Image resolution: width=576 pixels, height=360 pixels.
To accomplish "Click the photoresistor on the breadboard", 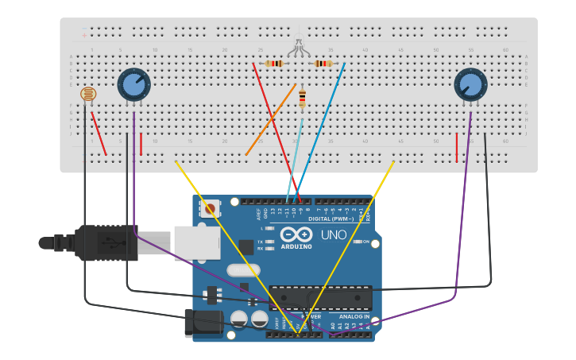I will (x=88, y=95).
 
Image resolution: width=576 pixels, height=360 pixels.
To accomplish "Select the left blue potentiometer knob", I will (x=133, y=83).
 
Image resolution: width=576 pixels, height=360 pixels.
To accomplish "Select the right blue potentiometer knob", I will (x=470, y=83).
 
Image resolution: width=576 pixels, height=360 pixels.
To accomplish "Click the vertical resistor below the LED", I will (x=302, y=99).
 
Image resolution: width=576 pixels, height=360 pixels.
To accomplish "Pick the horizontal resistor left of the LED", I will (x=275, y=64).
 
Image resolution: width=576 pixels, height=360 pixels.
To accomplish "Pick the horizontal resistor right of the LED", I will (x=323, y=64).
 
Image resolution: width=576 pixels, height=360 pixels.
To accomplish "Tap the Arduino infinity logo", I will (x=296, y=235).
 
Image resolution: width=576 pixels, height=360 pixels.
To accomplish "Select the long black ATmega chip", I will (x=320, y=297).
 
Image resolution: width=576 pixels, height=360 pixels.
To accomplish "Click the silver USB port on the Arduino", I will (x=197, y=242).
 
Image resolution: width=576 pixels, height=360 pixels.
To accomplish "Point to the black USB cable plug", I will (x=103, y=242).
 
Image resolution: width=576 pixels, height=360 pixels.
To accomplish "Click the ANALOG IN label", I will (x=354, y=316).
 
